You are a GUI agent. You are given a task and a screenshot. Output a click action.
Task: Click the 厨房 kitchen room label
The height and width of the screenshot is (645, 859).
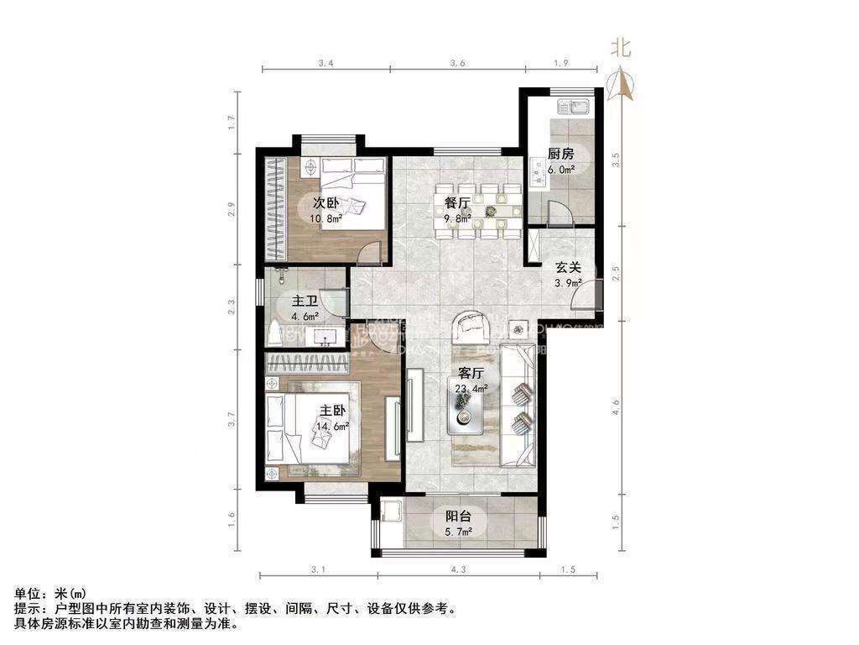click(560, 154)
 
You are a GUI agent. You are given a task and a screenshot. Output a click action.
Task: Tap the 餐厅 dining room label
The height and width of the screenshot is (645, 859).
click(456, 202)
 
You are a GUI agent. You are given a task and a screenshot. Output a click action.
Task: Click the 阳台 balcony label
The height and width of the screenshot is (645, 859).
click(457, 517)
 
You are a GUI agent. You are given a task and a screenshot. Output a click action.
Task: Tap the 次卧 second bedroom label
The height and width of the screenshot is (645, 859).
click(325, 203)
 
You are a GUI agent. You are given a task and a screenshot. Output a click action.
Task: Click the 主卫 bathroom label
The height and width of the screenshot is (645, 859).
click(304, 302)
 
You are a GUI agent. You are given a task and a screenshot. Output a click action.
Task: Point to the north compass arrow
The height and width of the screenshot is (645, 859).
click(622, 84)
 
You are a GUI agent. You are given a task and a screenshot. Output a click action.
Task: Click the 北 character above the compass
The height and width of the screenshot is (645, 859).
click(621, 47)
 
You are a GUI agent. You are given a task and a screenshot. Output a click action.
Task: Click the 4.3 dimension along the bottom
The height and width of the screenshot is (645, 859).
click(457, 570)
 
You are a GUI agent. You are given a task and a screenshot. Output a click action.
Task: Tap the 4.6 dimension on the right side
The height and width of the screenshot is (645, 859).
click(617, 409)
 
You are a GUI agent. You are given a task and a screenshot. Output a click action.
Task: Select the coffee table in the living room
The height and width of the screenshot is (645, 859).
click(466, 412)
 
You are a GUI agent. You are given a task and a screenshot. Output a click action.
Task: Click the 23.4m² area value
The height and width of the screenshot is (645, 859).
click(471, 388)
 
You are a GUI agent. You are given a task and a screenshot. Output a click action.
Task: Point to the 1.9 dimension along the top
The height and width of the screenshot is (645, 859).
click(562, 63)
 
